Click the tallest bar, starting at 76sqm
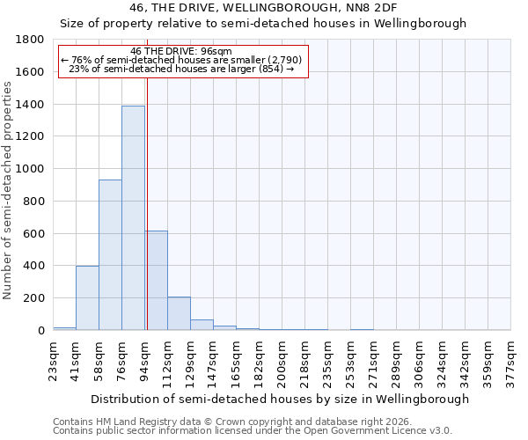[x=133, y=217]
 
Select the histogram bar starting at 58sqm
[x=110, y=254]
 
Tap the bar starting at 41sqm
[x=87, y=297]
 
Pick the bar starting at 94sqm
[x=157, y=280]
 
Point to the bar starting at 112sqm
[x=179, y=313]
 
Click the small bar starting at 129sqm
[x=202, y=325]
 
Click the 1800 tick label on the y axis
[x=30, y=40]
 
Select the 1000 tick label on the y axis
[x=30, y=169]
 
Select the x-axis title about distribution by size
[x=281, y=399]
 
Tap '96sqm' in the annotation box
[x=216, y=51]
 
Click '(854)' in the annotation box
[x=271, y=69]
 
